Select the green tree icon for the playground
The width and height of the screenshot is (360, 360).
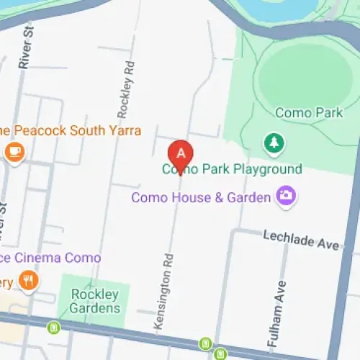pyautogui.click(x=274, y=144)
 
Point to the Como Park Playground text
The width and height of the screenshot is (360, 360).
pyautogui.click(x=230, y=170)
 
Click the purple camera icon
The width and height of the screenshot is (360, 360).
pyautogui.click(x=286, y=196)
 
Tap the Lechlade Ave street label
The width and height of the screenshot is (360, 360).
pyautogui.click(x=300, y=240)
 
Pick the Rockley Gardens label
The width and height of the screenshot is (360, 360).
pyautogui.click(x=95, y=301)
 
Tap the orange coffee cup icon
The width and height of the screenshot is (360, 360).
pyautogui.click(x=14, y=152)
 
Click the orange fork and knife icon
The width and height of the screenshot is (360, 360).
pyautogui.click(x=28, y=280)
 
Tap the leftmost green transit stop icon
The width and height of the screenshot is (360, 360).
pyautogui.click(x=53, y=328)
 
